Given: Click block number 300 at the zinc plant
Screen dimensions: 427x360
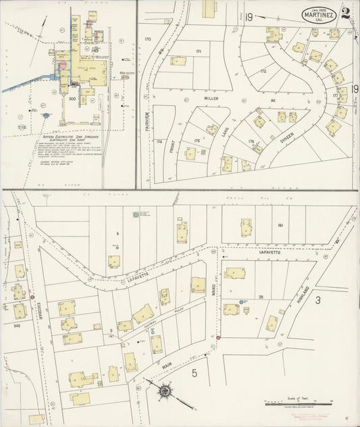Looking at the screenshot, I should tap(72, 99).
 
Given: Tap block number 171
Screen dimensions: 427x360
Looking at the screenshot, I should tap(199, 51).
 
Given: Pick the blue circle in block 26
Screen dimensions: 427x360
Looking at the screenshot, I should tap(241, 301).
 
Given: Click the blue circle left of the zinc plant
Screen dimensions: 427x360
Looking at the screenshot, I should tap(45, 116).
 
